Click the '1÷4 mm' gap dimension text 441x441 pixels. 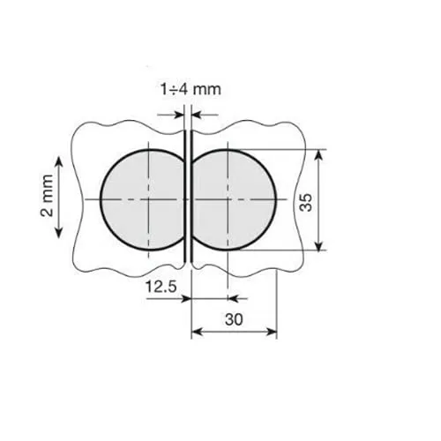tap(191, 89)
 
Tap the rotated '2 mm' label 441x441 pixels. tap(47, 196)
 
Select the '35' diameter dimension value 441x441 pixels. tap(306, 202)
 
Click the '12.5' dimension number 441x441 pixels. tap(161, 287)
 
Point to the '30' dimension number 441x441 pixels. tap(234, 319)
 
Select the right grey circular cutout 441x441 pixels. tap(234, 200)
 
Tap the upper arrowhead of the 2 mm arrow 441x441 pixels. tap(59, 161)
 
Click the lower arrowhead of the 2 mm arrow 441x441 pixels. tap(59, 233)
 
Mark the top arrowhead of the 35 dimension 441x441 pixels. tap(319, 155)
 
